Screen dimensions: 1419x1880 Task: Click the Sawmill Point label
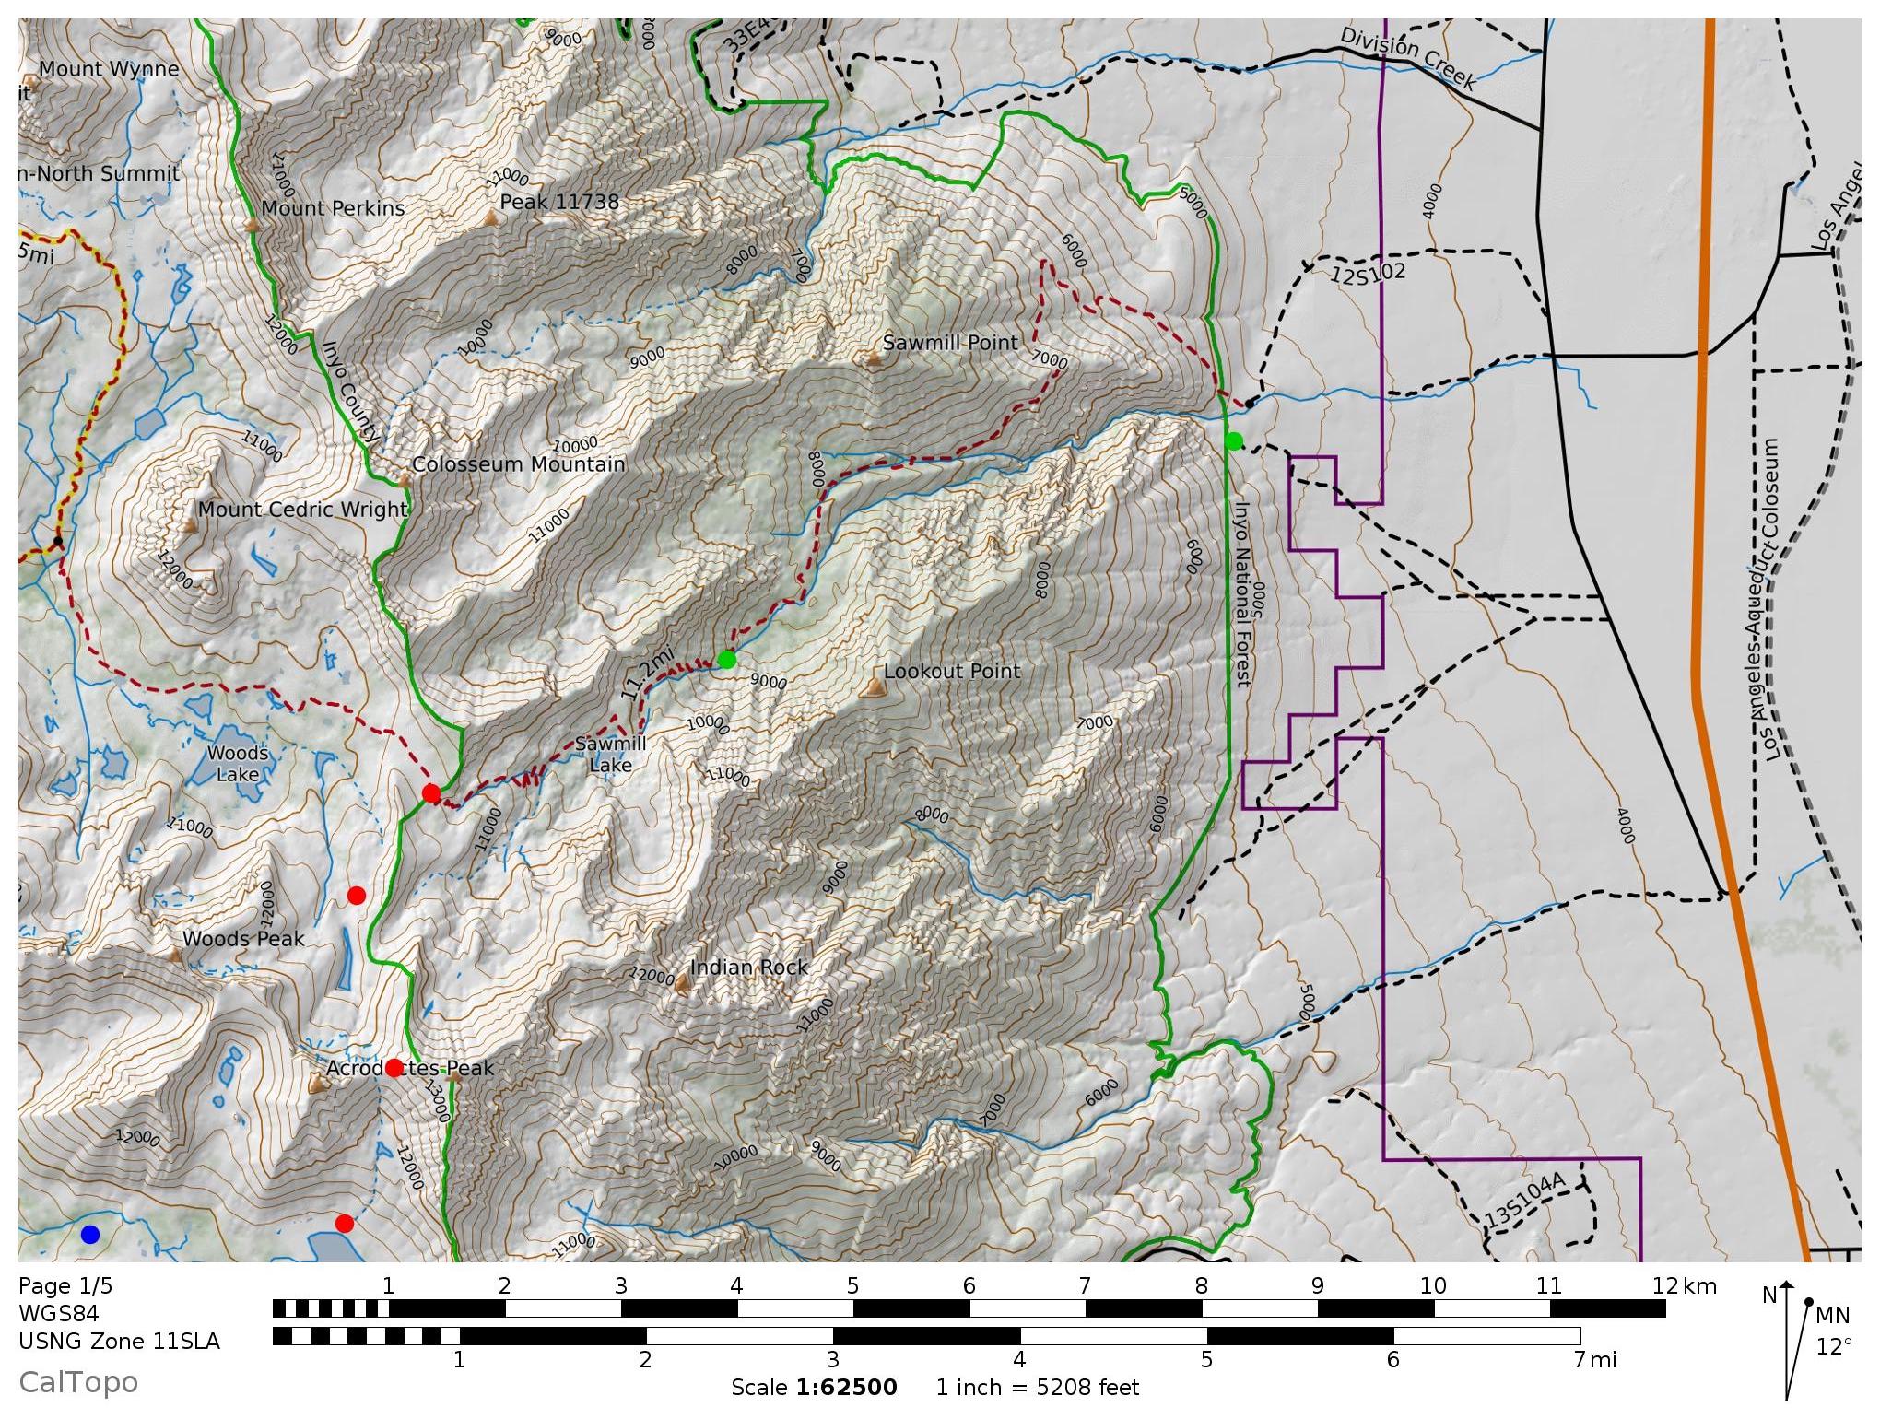pyautogui.click(x=950, y=343)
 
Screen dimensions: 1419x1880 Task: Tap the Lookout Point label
pyautogui.click(x=952, y=672)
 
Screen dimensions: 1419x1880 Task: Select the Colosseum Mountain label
pyautogui.click(x=519, y=464)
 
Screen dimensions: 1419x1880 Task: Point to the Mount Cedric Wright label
pyautogui.click(x=302, y=510)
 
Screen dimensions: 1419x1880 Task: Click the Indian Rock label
pyautogui.click(x=748, y=967)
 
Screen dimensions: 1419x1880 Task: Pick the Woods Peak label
pyautogui.click(x=243, y=939)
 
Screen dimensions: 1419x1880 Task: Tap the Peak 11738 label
pyautogui.click(x=559, y=202)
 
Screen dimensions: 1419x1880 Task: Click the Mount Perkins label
pyautogui.click(x=333, y=208)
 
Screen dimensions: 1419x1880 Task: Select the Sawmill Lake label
pyautogui.click(x=610, y=754)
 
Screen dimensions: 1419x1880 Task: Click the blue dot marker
pyautogui.click(x=89, y=1235)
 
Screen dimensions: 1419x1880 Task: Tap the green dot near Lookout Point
pyautogui.click(x=727, y=660)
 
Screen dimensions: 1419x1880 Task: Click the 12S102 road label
pyautogui.click(x=1368, y=273)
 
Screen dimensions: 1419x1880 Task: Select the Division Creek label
pyautogui.click(x=1407, y=57)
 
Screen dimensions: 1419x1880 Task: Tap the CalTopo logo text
pyautogui.click(x=78, y=1382)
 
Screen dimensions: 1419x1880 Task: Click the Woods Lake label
pyautogui.click(x=238, y=764)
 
